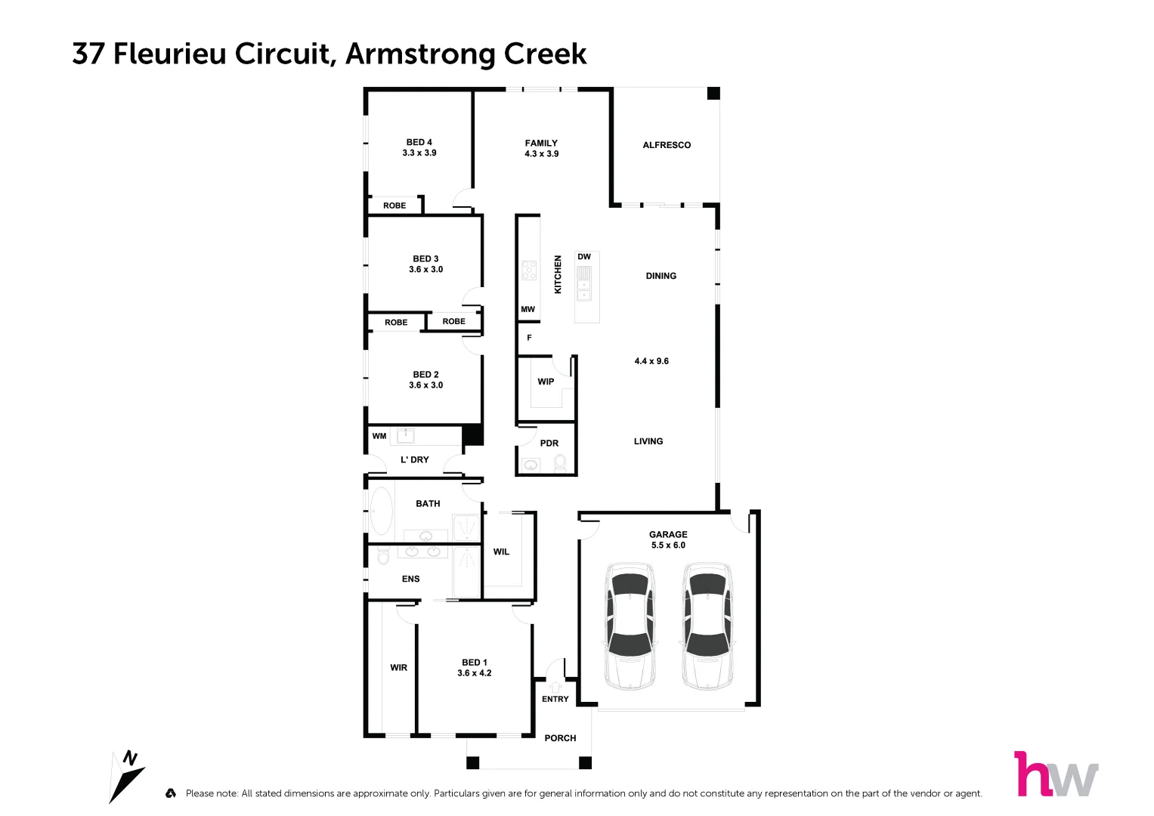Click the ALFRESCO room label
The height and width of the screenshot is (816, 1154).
tap(666, 145)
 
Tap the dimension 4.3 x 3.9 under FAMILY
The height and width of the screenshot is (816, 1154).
tap(541, 154)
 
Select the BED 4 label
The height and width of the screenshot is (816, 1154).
tap(419, 142)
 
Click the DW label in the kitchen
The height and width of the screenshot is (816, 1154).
tap(584, 257)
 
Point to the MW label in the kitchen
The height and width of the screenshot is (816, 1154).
tap(527, 309)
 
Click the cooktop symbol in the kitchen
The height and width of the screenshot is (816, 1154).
tap(529, 270)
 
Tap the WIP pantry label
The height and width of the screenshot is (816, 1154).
tap(546, 382)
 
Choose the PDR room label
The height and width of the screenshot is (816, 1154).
tap(549, 444)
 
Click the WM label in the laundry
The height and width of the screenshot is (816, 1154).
tap(379, 436)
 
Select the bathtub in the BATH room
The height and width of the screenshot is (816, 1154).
tap(381, 511)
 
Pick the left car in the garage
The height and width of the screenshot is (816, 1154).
tap(630, 626)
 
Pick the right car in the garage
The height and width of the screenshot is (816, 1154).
tap(707, 626)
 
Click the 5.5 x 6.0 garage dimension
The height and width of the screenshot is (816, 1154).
tap(668, 546)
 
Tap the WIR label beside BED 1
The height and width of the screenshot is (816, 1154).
tap(398, 668)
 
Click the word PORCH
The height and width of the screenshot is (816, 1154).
tap(560, 738)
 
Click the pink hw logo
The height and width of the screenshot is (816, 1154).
tap(1055, 774)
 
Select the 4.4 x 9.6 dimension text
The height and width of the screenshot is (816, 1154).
tap(651, 361)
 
